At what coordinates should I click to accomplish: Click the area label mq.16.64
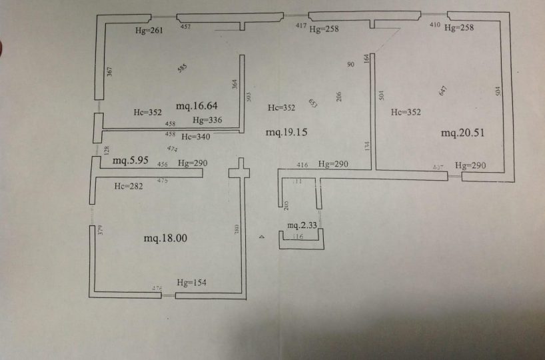197,106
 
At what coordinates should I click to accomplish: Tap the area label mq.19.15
286,133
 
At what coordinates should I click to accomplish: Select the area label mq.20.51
462,133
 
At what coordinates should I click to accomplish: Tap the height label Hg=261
149,30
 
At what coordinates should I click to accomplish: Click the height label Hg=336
207,121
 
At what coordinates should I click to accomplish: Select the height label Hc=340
196,137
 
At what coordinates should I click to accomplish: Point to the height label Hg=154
191,283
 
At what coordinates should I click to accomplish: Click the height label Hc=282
129,186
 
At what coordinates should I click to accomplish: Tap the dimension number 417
301,26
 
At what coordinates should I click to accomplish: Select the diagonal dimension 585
183,68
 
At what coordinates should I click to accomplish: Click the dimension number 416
302,164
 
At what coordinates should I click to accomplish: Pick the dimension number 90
350,65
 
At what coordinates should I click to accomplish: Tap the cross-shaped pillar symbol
239,172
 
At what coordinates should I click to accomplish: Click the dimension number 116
298,237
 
